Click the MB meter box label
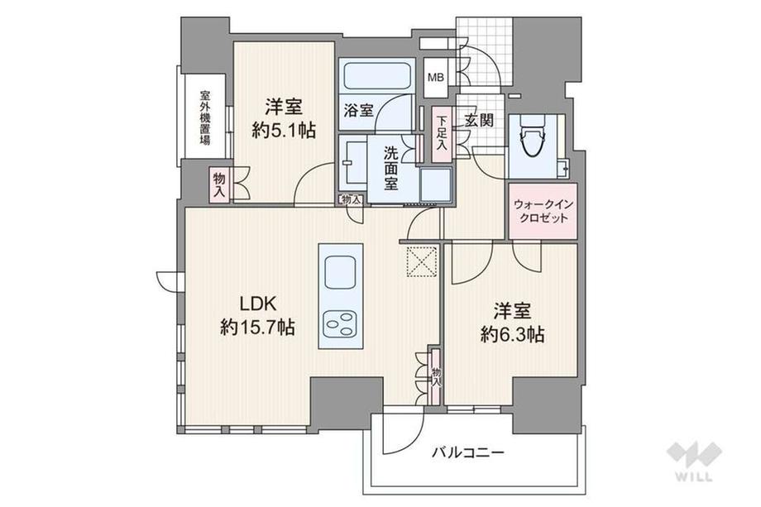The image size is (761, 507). pos(435,77)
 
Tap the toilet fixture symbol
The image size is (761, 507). pos(533,136)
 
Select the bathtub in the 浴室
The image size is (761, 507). pos(376,75)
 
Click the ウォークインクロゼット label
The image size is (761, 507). pos(543,211)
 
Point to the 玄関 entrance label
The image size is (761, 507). pos(479,120)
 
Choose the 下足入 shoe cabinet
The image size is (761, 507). pos(441,132)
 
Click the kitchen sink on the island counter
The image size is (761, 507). pos(341,273)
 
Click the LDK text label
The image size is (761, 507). pos(258,304)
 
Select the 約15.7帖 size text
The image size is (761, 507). pos(258,328)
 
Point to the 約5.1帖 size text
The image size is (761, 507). pos(284,130)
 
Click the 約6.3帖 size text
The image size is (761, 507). pos(513,334)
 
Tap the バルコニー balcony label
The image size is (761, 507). pos(468,453)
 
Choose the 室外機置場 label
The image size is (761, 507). pos(205,118)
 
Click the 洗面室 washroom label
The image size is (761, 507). pos(390,169)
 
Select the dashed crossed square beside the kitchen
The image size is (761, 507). pos(422,261)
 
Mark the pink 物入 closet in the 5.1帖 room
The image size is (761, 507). pos(219,184)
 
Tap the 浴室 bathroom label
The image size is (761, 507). pos(358,111)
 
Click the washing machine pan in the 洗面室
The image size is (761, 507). pos(436,184)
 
